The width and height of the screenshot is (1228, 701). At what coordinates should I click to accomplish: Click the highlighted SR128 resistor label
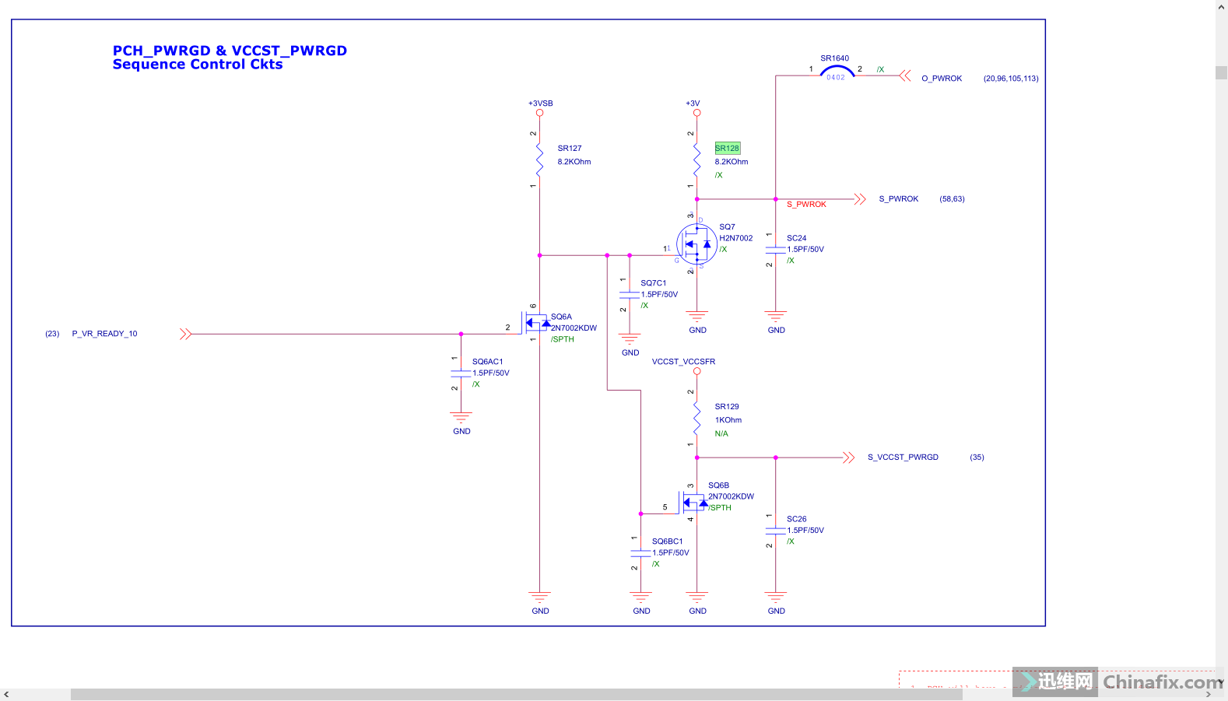[x=727, y=148]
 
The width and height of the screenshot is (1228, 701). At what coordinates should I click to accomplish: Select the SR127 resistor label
[x=569, y=148]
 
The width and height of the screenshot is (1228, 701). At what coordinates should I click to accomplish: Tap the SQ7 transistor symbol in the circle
[x=696, y=244]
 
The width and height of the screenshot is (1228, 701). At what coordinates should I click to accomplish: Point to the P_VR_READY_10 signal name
[x=104, y=334]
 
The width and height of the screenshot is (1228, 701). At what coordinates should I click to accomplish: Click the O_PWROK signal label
[x=941, y=79]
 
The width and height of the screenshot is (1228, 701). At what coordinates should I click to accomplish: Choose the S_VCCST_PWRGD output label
[x=903, y=457]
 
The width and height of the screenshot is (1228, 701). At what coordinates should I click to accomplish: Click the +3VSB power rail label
[x=540, y=103]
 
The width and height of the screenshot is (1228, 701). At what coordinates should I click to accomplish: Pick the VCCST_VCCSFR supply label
[x=683, y=362]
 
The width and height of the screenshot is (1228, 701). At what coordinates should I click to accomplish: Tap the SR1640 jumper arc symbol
[x=837, y=72]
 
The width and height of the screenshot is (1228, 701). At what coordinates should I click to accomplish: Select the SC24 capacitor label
[x=796, y=238]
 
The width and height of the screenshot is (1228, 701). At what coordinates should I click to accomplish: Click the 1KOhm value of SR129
[x=728, y=420]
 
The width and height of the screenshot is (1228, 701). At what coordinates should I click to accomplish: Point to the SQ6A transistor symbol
[x=536, y=322]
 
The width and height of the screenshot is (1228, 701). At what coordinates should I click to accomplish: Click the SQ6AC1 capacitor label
[x=487, y=362]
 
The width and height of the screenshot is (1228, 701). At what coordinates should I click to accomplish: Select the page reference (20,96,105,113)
[x=1010, y=79]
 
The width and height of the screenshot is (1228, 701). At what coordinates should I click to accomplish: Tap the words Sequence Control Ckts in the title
[x=198, y=65]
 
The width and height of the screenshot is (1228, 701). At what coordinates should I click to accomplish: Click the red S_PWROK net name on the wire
[x=806, y=205]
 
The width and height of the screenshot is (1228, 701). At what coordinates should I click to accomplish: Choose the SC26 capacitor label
[x=796, y=519]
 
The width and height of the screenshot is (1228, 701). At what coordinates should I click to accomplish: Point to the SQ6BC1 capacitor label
[x=667, y=542]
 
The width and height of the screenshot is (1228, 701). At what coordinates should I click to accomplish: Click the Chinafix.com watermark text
[x=1162, y=682]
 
